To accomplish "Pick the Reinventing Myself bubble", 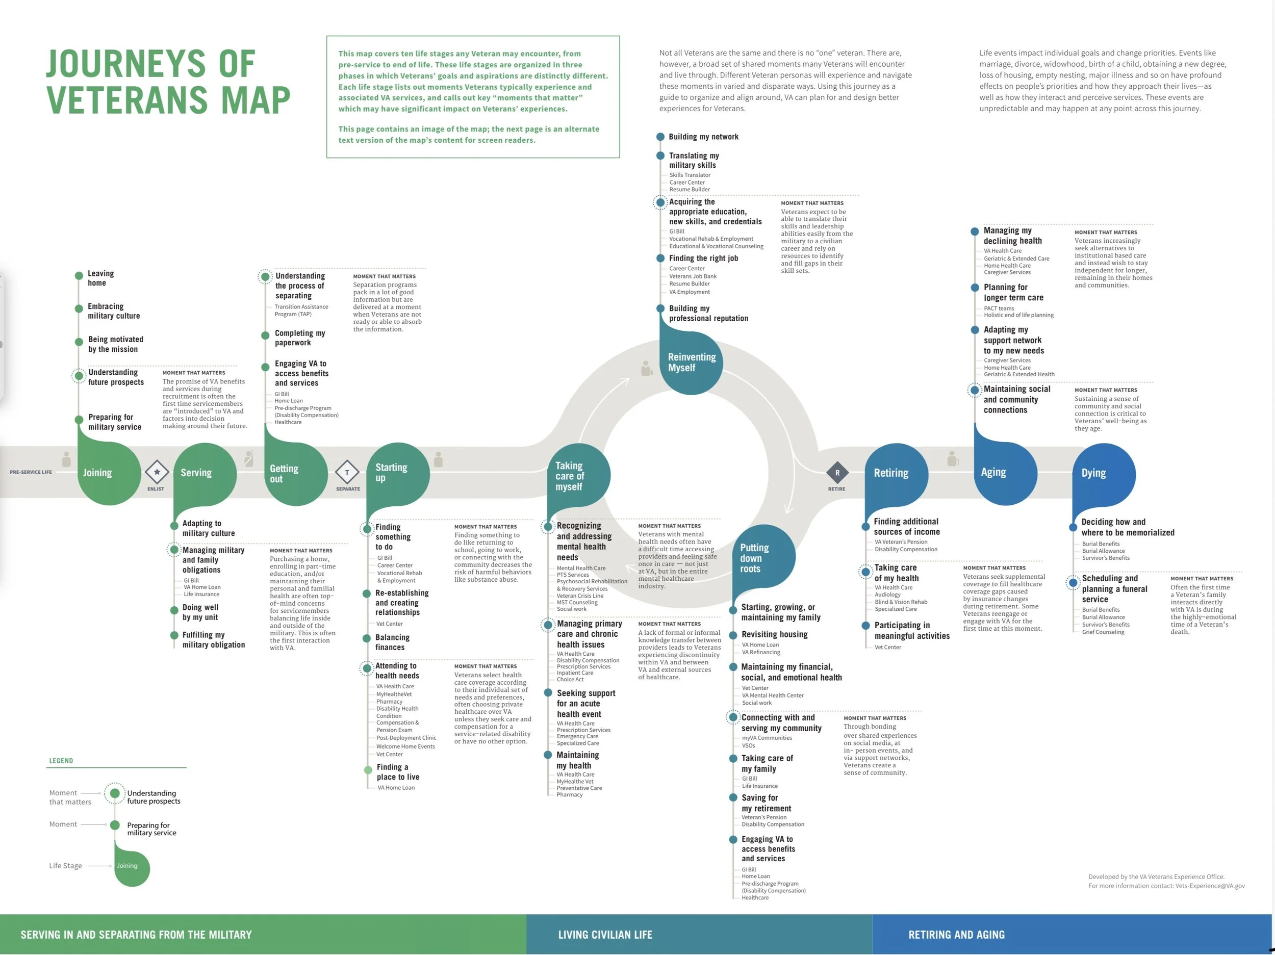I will point(691,363).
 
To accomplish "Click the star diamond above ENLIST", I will point(157,472).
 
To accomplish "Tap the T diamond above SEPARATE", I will point(347,473).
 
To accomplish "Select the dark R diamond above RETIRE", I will point(837,473).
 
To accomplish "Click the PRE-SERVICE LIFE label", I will point(31,472).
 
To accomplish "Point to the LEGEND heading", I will point(61,761).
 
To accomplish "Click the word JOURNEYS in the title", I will point(150,63).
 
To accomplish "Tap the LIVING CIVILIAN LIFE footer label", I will point(605,935).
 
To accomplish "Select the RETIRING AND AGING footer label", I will point(956,935).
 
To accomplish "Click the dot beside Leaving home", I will point(79,275).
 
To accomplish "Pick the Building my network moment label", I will point(703,137).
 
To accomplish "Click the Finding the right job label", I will point(703,258).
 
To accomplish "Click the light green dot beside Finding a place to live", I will point(368,770).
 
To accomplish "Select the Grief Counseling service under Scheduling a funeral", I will point(1103,632).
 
